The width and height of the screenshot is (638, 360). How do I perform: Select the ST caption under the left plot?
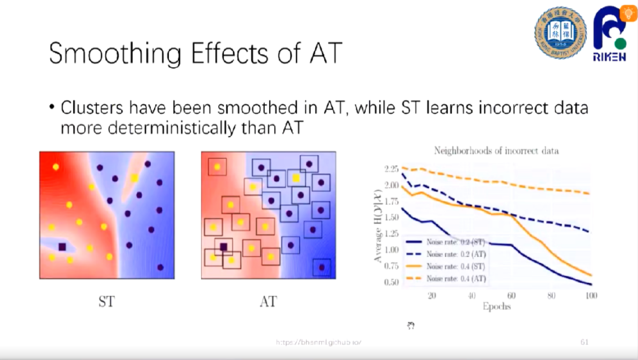pos(106,302)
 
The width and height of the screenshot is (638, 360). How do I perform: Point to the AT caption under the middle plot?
pos(268,302)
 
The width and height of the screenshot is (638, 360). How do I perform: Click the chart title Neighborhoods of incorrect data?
pos(496,151)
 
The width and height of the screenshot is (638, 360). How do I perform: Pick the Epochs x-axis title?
pos(496,307)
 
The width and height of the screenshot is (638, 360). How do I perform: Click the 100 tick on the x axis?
pos(591,296)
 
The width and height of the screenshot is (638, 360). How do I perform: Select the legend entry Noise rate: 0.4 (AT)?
pos(456,278)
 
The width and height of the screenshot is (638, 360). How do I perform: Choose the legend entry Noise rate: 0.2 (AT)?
pos(456,254)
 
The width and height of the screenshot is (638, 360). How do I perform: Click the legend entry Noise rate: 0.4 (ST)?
pos(456,266)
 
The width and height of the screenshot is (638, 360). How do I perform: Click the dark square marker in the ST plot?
pos(62,247)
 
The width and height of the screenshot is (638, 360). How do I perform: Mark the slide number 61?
pos(585,342)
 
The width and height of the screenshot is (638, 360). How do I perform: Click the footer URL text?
pos(319,342)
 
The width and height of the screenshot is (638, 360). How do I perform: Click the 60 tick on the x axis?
pos(511,296)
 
